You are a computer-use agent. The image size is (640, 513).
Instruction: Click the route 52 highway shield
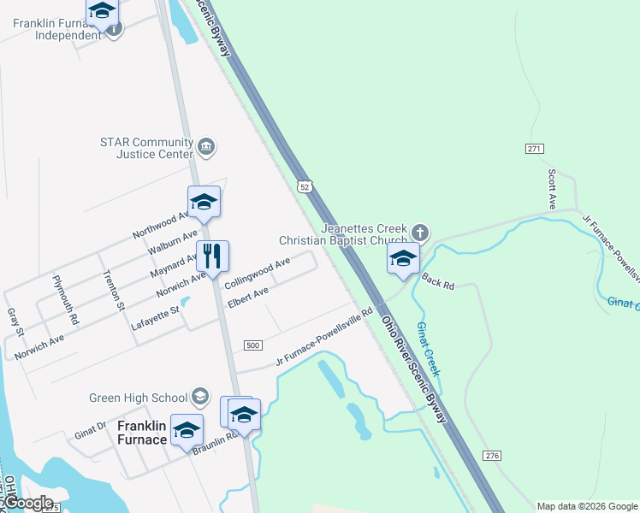click(304, 186)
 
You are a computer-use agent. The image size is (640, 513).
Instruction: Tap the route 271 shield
click(535, 149)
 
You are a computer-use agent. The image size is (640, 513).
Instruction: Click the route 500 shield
click(252, 345)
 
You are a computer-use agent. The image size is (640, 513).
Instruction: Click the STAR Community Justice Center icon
click(206, 147)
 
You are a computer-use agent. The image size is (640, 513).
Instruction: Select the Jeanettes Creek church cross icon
click(419, 233)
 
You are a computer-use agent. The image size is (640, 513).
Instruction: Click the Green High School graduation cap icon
click(199, 397)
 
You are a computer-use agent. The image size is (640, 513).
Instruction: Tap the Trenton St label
click(114, 291)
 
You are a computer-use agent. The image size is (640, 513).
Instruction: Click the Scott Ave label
click(552, 189)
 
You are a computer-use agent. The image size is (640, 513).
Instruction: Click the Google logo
click(29, 502)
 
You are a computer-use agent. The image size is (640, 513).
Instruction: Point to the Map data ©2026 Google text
click(587, 506)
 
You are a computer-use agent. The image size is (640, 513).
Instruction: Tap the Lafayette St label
click(154, 319)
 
